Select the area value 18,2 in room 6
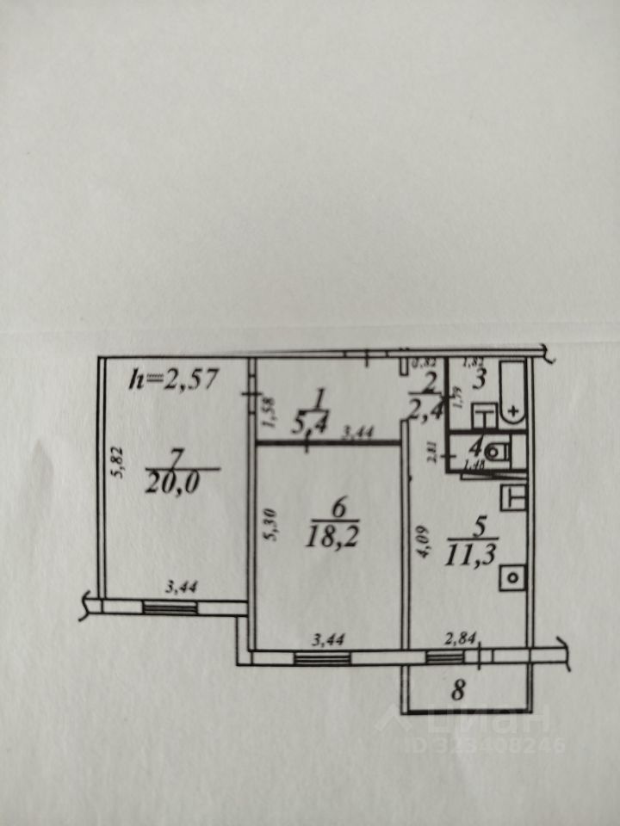click(337, 537)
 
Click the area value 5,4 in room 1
click(317, 416)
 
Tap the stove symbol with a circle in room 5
click(514, 577)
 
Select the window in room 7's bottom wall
click(170, 607)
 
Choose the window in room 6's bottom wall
click(322, 658)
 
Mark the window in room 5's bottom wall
click(444, 658)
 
